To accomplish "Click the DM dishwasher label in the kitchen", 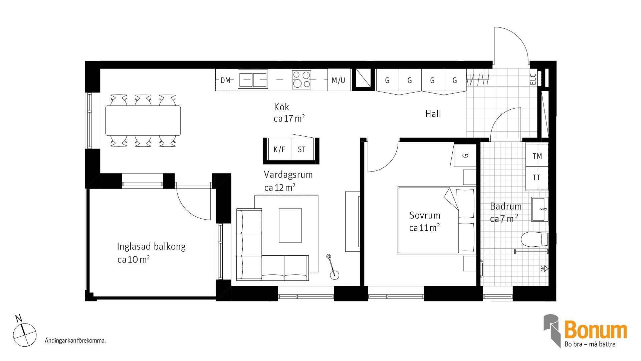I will coord(226,80).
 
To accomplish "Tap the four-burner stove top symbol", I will coord(301,80).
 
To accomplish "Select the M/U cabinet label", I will coord(338,80).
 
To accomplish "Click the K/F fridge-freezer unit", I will coord(279,149).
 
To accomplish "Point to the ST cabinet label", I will coord(301,149).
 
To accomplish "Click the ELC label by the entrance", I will coord(533,79).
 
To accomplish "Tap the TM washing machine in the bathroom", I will coord(537,156).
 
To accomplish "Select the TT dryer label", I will coord(537,177).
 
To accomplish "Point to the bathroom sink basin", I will coord(540,210).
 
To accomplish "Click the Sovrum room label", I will coord(425,215).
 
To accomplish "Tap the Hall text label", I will coord(433,114).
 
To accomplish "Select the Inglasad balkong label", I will coord(151,247).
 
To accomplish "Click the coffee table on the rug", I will coord(290,225).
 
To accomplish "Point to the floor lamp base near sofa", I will coord(334,275).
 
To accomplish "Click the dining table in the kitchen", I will coord(143,121).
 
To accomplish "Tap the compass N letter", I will coord(19,318).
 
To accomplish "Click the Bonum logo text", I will coord(595,330).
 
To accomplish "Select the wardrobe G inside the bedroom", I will coord(466,155).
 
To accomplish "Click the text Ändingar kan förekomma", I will coord(75,341).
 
